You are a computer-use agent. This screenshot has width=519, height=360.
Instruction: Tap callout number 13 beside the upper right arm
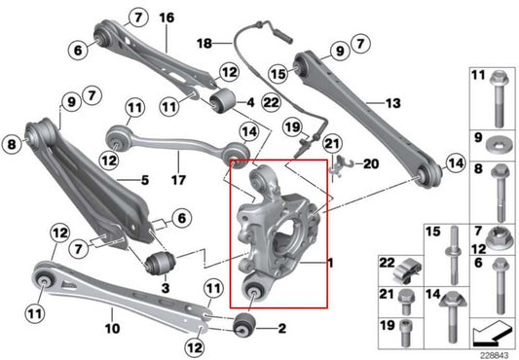(x=392, y=102)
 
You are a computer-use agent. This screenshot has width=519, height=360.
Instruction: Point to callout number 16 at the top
(x=166, y=18)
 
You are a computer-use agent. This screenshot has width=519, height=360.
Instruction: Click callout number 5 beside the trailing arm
(x=143, y=179)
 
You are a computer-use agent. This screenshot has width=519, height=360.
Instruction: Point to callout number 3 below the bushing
(x=164, y=288)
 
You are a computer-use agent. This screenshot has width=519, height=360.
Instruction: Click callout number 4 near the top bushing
(x=250, y=101)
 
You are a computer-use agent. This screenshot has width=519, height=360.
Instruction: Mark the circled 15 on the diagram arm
(x=278, y=72)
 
